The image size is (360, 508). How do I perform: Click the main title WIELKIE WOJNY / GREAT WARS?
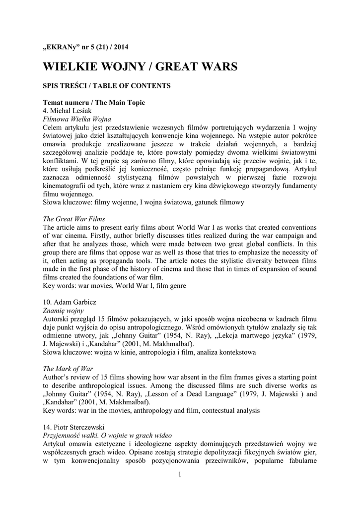point(140,66)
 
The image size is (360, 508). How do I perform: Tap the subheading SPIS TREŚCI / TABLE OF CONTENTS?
point(107,86)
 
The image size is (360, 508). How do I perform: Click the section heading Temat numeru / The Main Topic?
point(94,103)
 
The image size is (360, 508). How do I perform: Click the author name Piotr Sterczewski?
point(74,426)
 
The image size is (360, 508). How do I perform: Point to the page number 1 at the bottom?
point(180,477)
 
